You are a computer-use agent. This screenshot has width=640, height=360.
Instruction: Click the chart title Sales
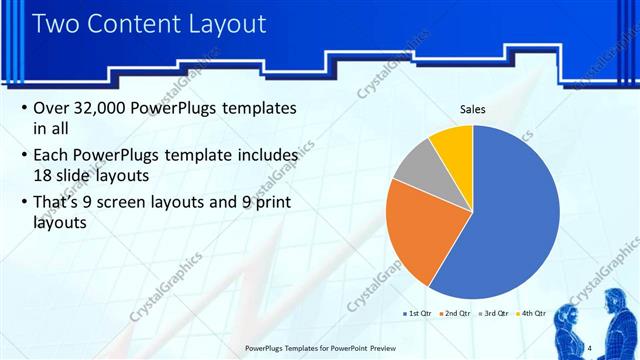[x=473, y=109]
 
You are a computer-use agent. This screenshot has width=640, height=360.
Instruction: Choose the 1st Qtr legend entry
[x=417, y=313]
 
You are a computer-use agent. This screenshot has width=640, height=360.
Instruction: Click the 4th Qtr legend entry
[x=530, y=313]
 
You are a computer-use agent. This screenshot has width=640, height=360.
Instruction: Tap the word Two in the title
[x=58, y=22]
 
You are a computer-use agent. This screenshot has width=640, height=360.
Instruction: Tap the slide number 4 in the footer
[x=590, y=347]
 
